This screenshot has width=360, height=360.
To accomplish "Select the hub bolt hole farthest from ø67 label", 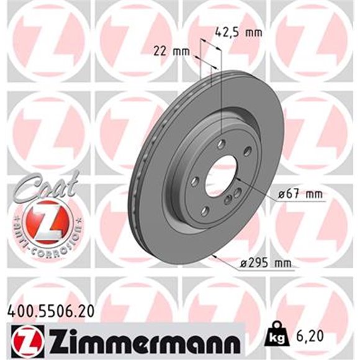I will (195, 181).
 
